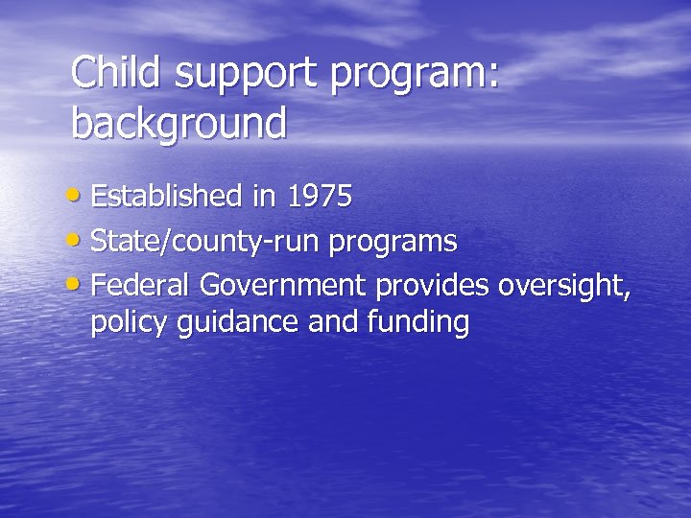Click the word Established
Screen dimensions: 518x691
point(167,197)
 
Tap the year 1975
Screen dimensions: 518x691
point(320,197)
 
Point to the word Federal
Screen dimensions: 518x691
point(138,285)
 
